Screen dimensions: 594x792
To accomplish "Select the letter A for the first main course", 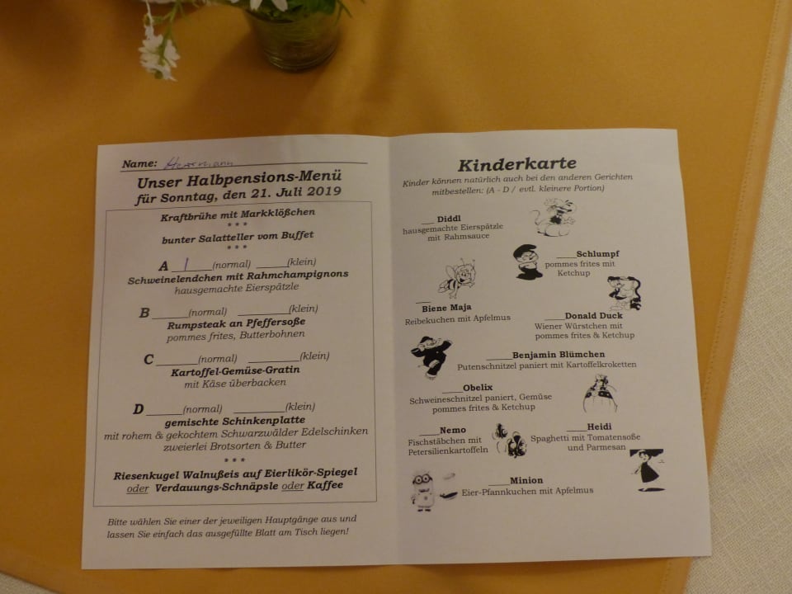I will point(163,266).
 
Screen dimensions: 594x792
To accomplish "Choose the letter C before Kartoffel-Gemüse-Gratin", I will point(148,359).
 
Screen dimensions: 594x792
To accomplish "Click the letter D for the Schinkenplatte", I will point(139,409).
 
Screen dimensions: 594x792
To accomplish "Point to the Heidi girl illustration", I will point(647,468).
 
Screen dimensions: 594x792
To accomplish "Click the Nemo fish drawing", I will point(509,439).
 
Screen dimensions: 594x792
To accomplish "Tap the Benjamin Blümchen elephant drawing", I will point(430,356).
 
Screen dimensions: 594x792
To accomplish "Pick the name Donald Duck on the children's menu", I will point(593,315).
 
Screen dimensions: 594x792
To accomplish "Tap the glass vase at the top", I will point(295,36).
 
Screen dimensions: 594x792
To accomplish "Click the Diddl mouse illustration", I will point(551,218).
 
